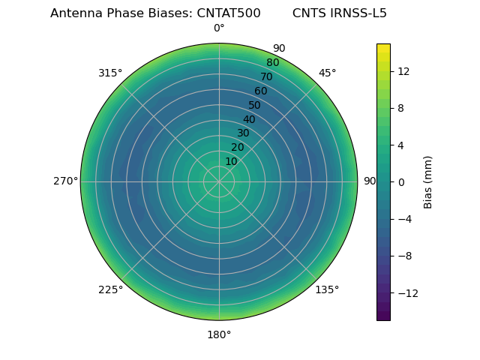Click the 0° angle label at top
[219, 28]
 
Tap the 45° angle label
[327, 73]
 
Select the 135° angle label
[327, 290]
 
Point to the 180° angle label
[219, 334]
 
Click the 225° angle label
[110, 290]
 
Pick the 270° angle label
[65, 181]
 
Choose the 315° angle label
[110, 73]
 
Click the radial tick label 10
[231, 161]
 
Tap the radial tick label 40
[249, 119]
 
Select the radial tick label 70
[266, 77]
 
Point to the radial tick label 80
[272, 63]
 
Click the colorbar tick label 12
[403, 71]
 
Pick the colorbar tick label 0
[400, 182]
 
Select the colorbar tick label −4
[404, 219]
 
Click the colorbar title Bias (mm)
[428, 182]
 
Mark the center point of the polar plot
[219, 181]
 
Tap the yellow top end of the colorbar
[383, 47]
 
